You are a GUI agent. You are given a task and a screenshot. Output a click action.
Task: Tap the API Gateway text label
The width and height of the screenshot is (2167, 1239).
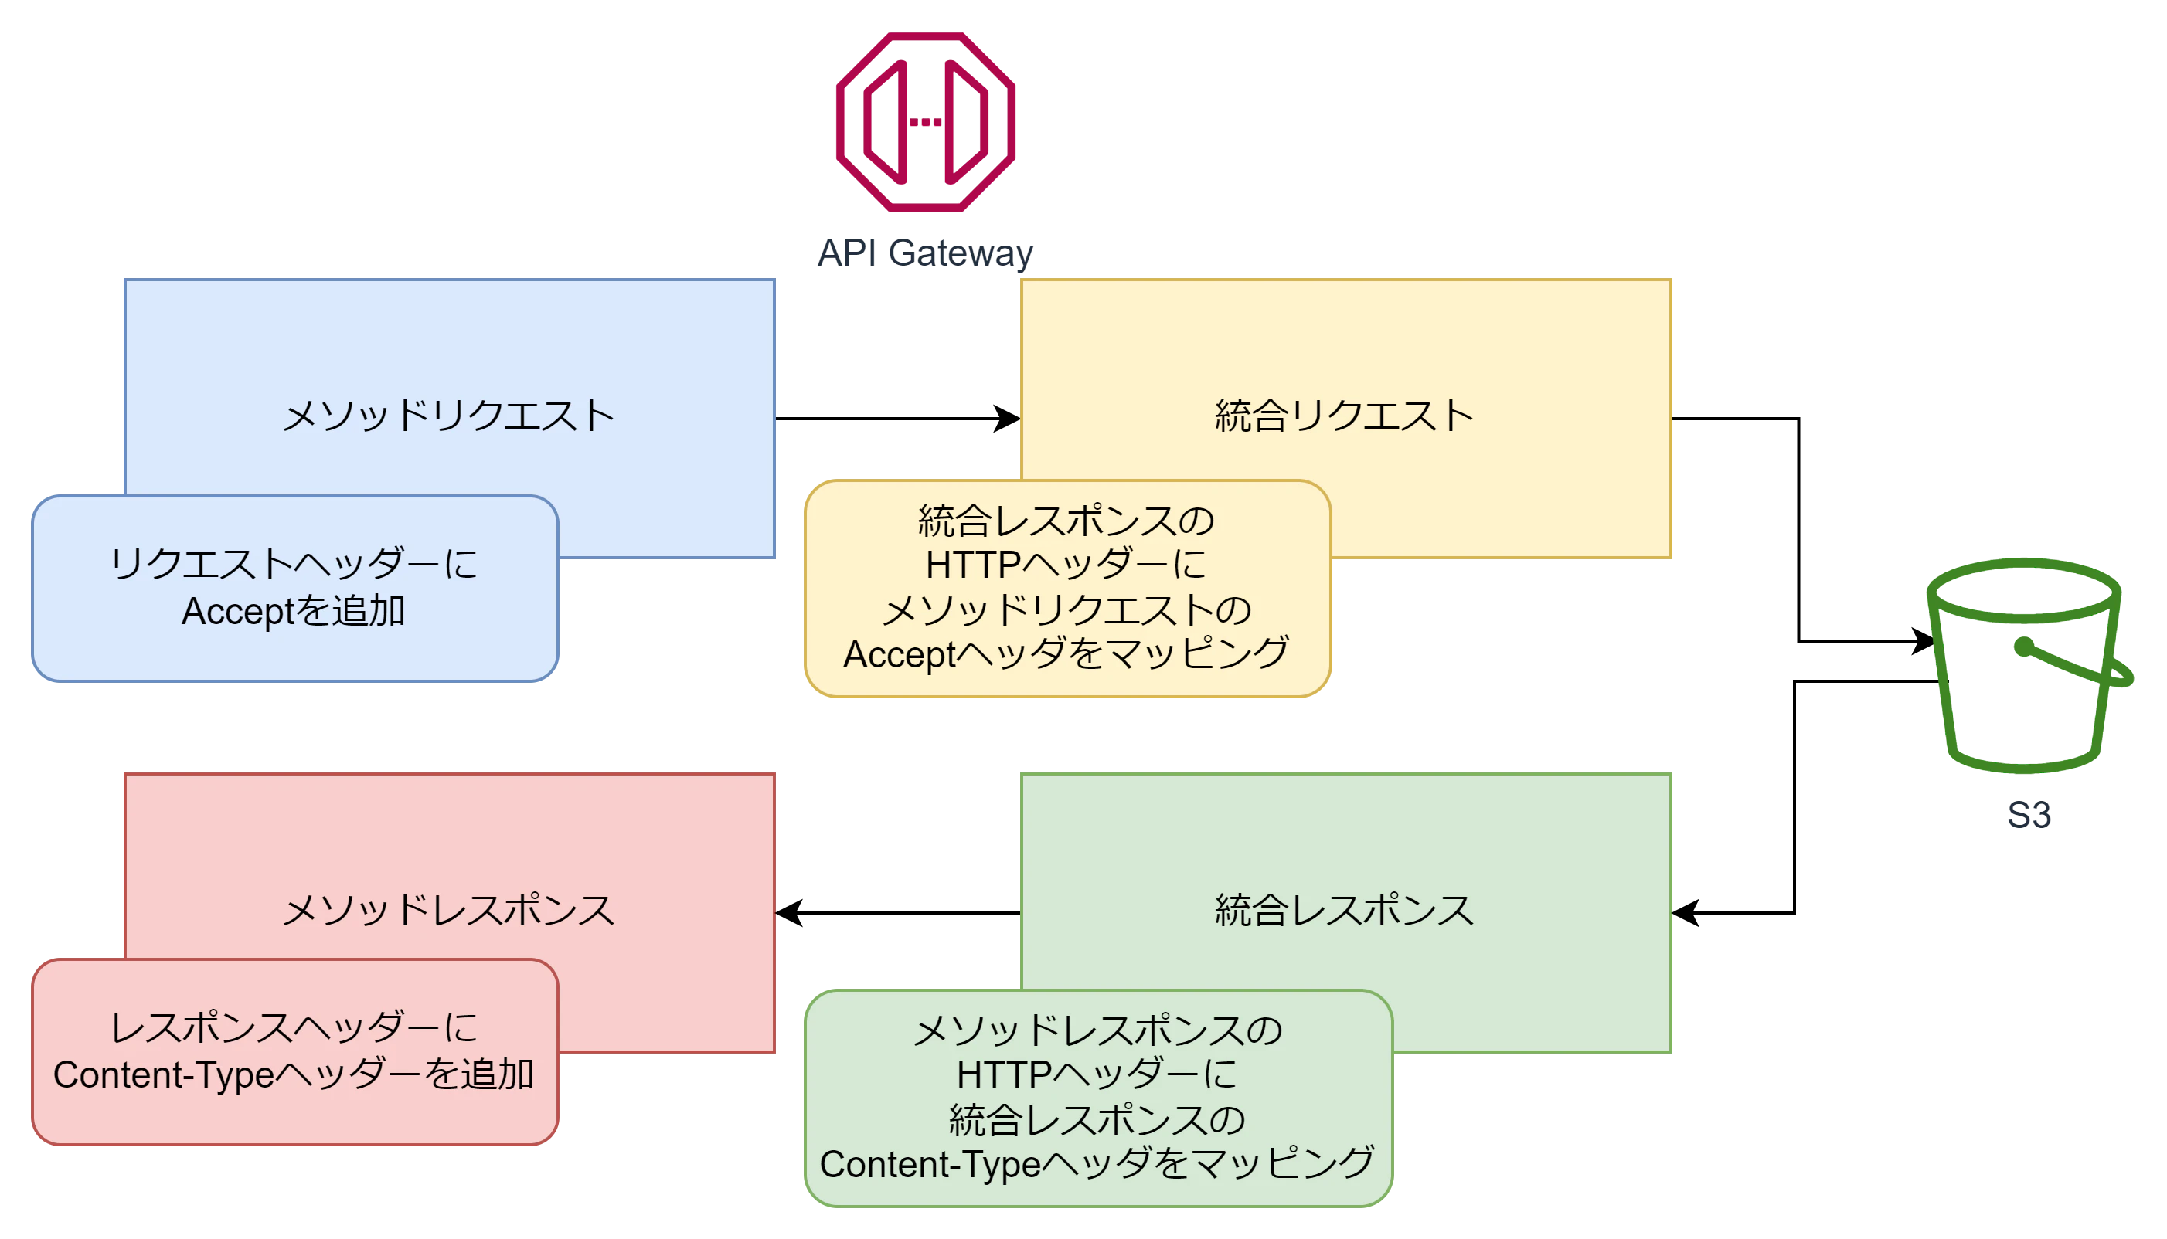point(925,253)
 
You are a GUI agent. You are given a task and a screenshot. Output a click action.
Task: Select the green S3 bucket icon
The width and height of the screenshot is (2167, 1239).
point(2029,665)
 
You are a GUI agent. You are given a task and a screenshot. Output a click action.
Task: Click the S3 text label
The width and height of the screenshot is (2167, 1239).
point(2029,815)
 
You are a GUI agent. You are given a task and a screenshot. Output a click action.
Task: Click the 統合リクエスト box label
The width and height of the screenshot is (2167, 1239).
point(1345,416)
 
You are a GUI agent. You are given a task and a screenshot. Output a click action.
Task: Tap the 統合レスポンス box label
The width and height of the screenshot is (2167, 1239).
point(1345,911)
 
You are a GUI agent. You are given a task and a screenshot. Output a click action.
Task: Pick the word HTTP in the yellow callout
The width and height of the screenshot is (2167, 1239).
point(973,565)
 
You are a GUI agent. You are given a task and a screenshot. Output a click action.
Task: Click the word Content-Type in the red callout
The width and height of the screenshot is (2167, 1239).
point(163,1075)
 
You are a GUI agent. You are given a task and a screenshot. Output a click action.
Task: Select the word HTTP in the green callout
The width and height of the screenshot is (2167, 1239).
point(1003,1074)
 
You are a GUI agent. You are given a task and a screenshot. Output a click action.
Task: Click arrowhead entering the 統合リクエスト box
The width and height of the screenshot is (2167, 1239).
point(1009,419)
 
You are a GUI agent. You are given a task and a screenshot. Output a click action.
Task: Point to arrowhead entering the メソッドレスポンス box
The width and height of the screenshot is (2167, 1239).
point(788,913)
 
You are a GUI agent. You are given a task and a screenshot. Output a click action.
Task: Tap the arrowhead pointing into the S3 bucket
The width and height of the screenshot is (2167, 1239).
point(1924,641)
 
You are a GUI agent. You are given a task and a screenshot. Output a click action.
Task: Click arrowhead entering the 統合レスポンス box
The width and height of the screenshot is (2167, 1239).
point(1686,913)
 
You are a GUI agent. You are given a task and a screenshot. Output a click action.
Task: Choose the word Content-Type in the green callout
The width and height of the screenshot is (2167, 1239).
point(930,1165)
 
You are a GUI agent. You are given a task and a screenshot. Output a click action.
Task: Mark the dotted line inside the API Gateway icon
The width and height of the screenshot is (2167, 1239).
point(925,123)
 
